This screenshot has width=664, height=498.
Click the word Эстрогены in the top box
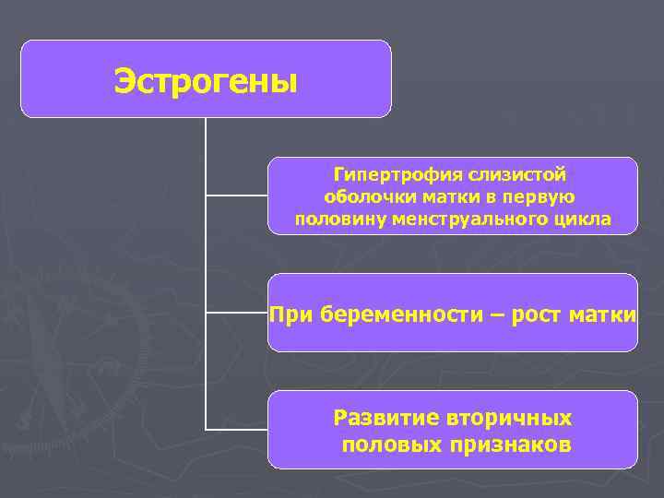coord(206,82)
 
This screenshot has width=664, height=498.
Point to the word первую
coord(541,196)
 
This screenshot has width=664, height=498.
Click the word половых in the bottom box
coord(392,445)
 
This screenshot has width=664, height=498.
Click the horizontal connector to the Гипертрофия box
coord(236,196)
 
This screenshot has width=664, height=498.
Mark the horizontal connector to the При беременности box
coord(236,313)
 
